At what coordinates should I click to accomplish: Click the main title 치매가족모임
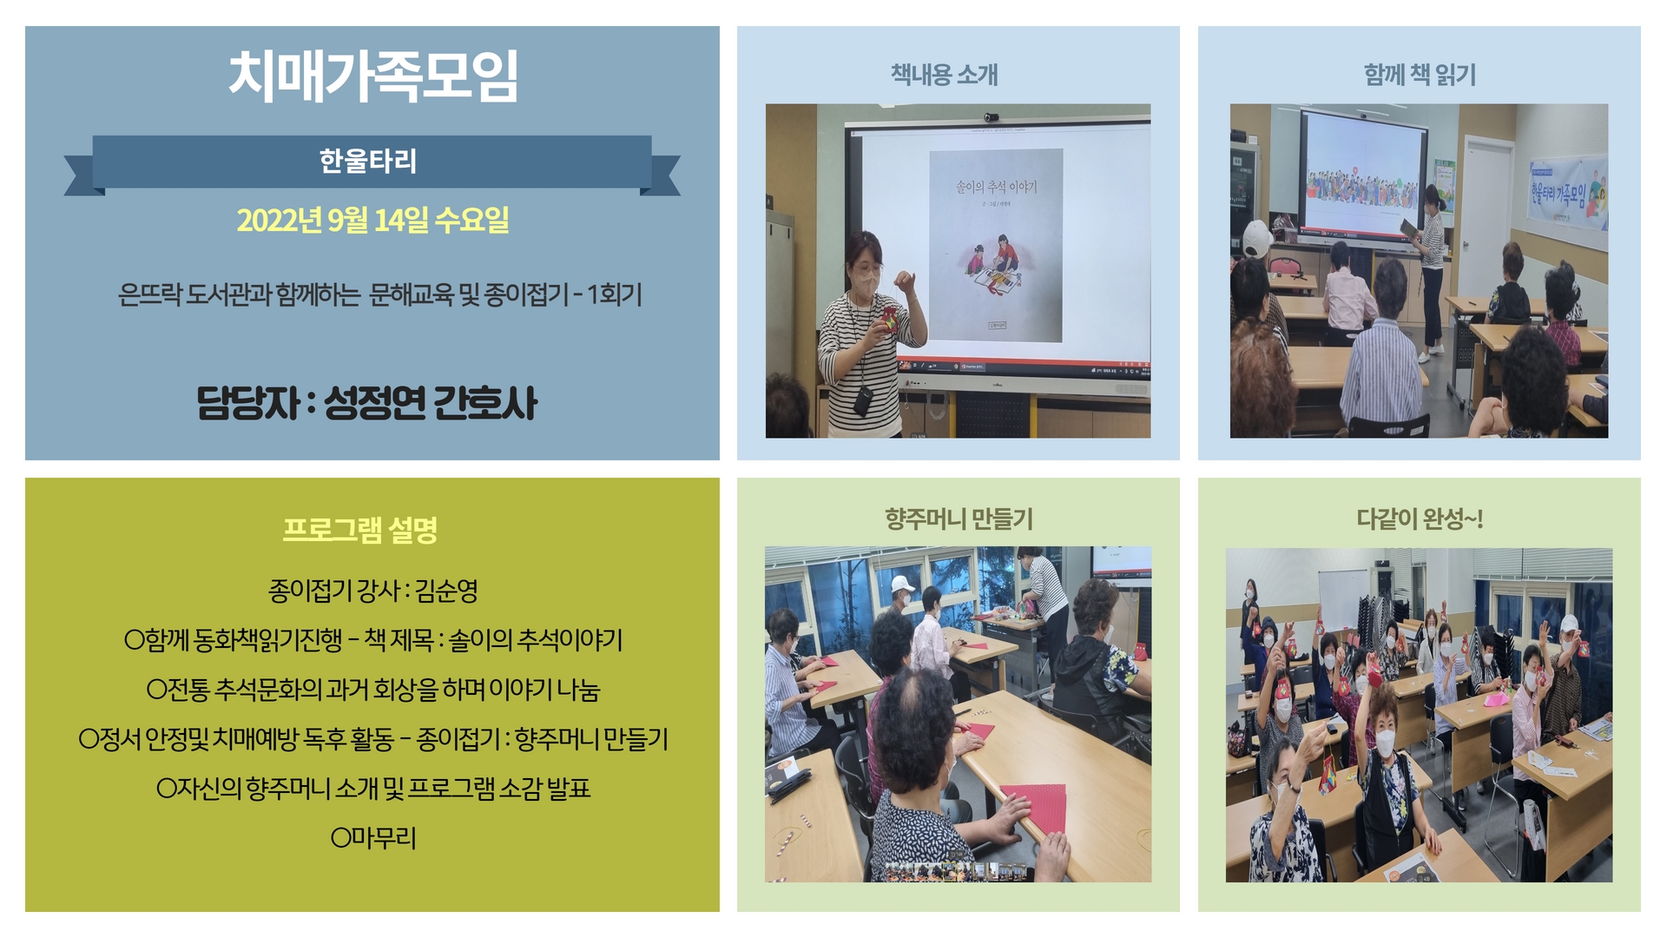point(373,76)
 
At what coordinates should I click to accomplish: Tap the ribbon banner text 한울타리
point(368,161)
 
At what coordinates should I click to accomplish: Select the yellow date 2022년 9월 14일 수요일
point(373,220)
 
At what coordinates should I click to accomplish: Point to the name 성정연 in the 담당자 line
point(375,402)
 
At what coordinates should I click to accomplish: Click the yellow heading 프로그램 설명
point(360,530)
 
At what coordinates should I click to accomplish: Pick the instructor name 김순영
point(446,591)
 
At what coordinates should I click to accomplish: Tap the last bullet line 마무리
point(374,838)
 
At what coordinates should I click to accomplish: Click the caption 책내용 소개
point(945,75)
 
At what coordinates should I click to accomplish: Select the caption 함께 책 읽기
point(1420,75)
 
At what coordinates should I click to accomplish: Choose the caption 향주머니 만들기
point(959,519)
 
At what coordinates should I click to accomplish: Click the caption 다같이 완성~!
point(1420,519)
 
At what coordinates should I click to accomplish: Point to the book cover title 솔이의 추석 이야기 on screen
point(996,187)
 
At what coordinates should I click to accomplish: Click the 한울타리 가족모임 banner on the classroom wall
point(1567,194)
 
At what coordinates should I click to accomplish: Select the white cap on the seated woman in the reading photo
point(1256,236)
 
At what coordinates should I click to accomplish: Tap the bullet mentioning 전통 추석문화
point(373,690)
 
